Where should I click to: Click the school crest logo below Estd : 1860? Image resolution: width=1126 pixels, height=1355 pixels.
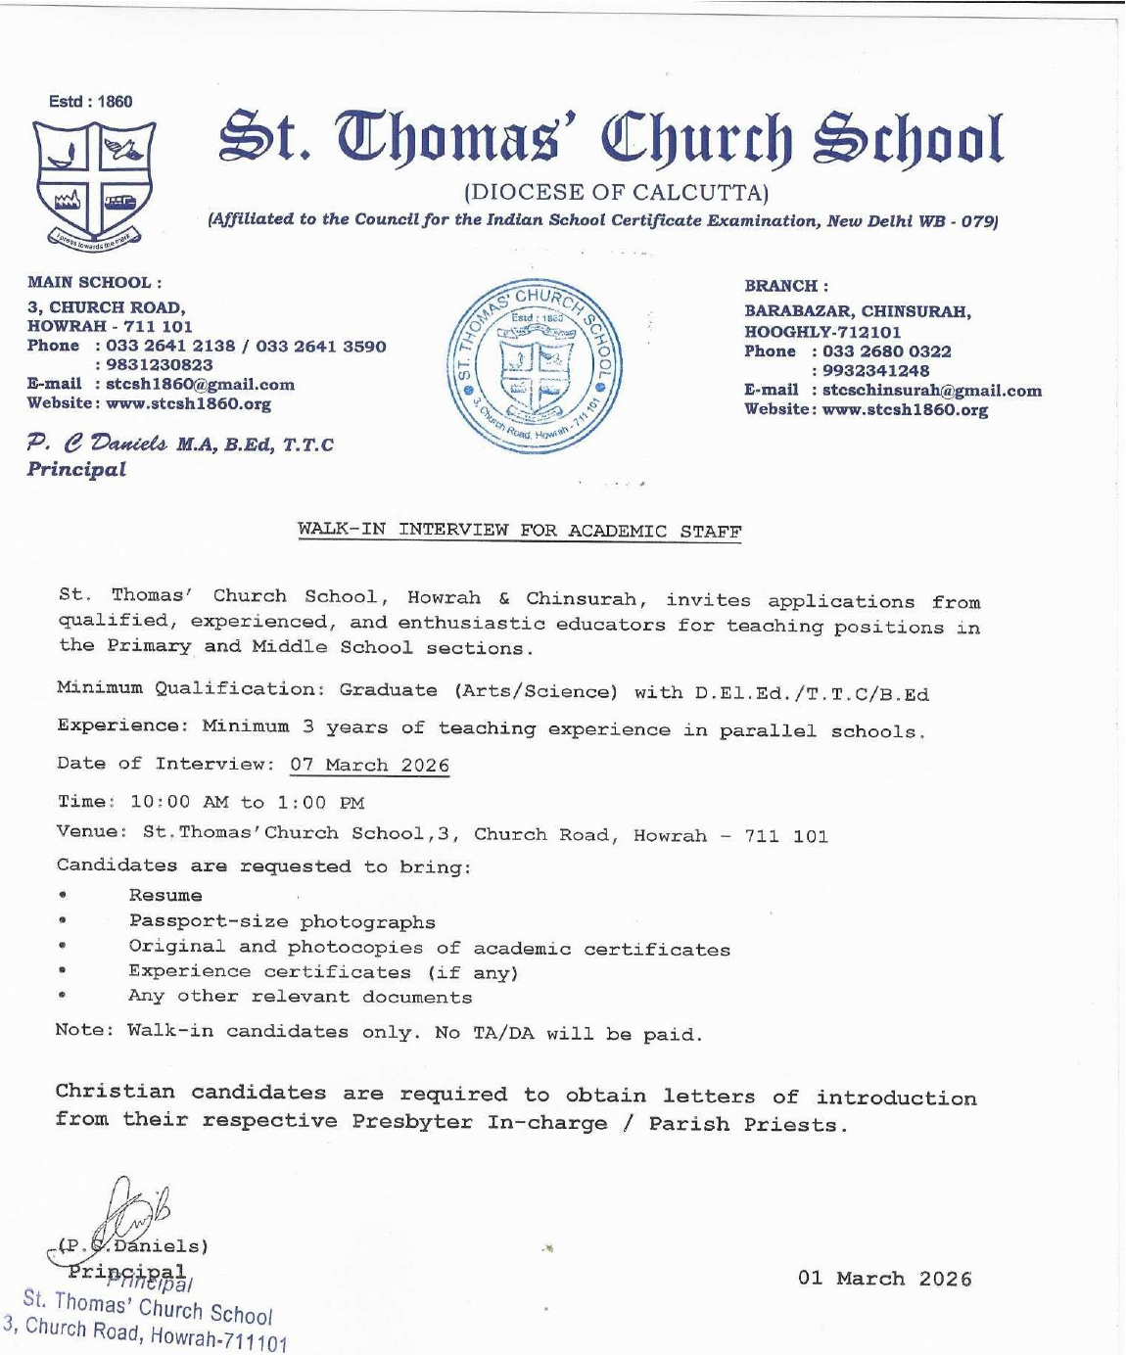[x=93, y=183]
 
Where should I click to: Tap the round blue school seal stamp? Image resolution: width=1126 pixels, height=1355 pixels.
[x=534, y=365]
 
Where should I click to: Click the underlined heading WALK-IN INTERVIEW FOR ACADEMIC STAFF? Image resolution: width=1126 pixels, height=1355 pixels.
[x=519, y=531]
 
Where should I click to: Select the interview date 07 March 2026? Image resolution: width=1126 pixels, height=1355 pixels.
[x=369, y=766]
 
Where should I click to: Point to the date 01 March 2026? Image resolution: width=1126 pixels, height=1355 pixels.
[x=884, y=1279]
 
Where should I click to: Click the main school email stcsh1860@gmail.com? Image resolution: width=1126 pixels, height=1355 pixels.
[x=200, y=385]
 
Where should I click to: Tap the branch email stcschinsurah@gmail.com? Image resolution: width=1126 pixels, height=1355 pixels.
[x=931, y=391]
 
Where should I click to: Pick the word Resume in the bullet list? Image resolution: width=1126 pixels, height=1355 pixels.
[x=165, y=896]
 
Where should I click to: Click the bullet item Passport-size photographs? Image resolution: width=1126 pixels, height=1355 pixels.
[x=282, y=922]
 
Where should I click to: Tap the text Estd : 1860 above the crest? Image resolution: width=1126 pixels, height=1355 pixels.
[x=90, y=102]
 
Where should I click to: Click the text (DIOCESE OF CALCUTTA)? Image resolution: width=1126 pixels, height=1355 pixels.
[x=616, y=192]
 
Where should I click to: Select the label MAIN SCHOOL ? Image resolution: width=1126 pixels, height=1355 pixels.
[x=94, y=283]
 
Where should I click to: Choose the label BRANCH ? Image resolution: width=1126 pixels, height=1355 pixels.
[x=786, y=286]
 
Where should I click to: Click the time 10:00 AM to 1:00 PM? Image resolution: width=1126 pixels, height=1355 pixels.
[x=247, y=803]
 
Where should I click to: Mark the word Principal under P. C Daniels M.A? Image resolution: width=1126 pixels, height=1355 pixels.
[x=76, y=470]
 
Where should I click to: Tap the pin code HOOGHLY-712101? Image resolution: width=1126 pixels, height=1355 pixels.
[x=822, y=332]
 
